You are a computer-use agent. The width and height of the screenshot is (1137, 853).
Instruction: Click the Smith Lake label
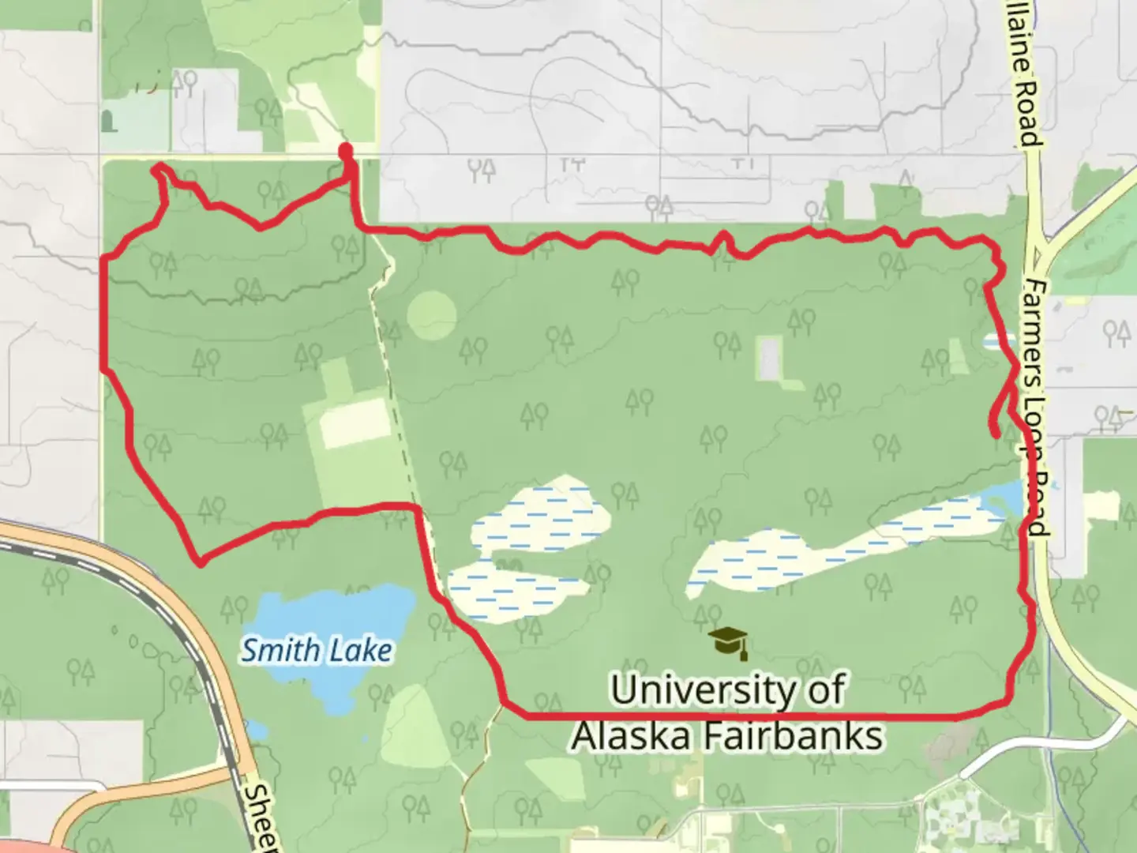pos(316,651)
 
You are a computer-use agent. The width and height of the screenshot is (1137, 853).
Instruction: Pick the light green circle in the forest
pos(432,315)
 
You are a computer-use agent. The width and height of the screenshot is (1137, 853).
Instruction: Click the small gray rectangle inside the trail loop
pos(768,357)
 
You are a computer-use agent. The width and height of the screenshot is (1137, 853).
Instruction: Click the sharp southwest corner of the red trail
pos(201,563)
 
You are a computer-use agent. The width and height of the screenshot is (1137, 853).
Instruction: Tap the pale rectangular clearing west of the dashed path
pos(353,423)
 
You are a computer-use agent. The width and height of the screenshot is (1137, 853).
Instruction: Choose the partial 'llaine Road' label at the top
pos(1024,75)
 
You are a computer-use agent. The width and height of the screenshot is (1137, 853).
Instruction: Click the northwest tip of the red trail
pos(158,166)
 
